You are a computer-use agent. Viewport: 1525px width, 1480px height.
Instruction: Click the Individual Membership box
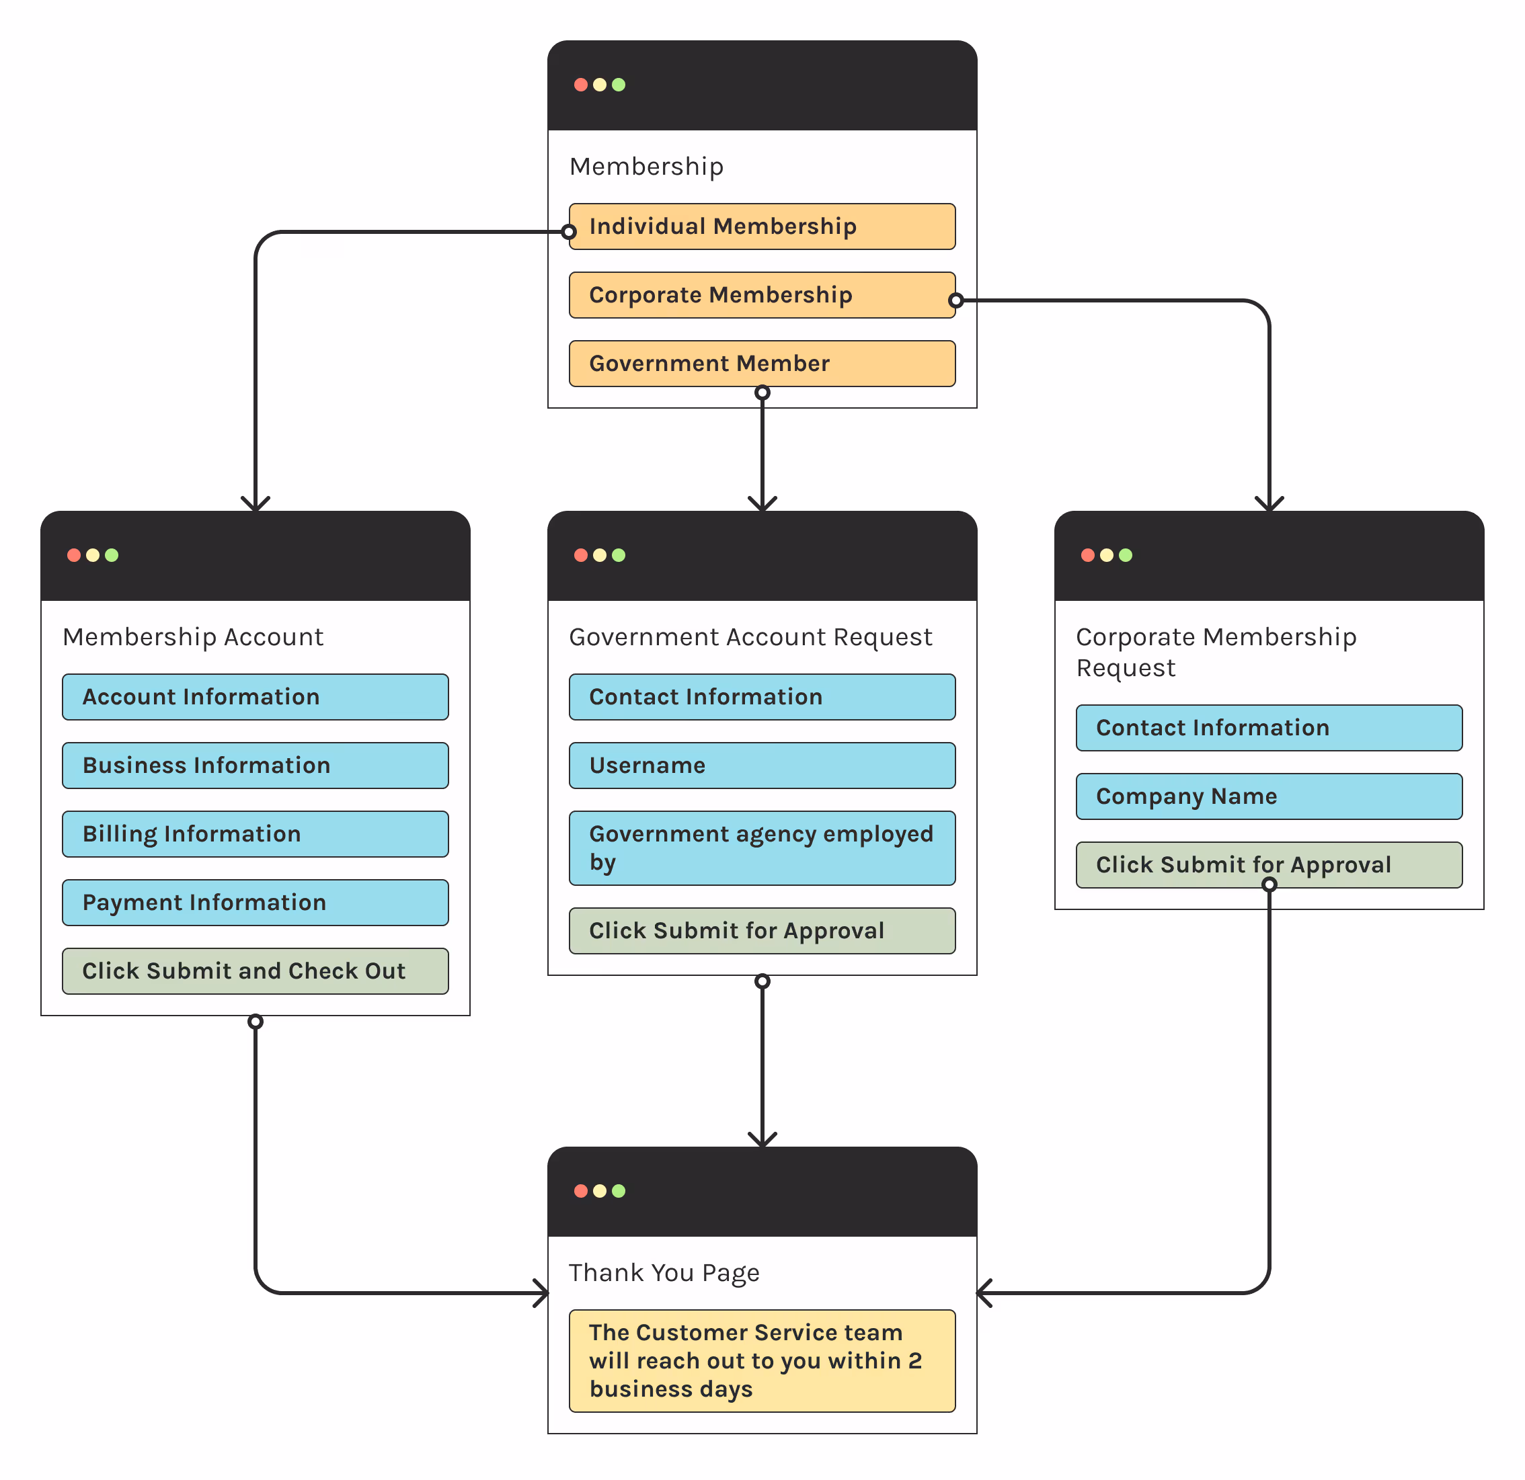pyautogui.click(x=762, y=227)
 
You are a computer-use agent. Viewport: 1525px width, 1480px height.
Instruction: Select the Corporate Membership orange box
pyautogui.click(x=762, y=295)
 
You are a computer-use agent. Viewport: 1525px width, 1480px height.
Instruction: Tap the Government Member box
pyautogui.click(x=762, y=363)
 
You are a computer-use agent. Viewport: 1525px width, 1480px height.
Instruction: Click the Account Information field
pyautogui.click(x=256, y=697)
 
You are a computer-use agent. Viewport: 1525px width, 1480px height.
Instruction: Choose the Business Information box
pyautogui.click(x=256, y=766)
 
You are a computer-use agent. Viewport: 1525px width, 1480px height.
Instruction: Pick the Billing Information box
pyautogui.click(x=256, y=833)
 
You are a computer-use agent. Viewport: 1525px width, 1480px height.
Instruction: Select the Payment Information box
pyautogui.click(x=256, y=902)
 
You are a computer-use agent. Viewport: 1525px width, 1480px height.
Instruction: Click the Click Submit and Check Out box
pyautogui.click(x=256, y=971)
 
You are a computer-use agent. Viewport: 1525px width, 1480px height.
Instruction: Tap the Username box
pyautogui.click(x=762, y=766)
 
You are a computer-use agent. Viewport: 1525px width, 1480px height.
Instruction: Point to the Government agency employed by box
pyautogui.click(x=762, y=848)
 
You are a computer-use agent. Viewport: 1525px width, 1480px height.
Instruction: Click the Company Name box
pyautogui.click(x=1269, y=796)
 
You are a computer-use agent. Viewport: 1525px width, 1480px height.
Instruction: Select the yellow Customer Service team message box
pyautogui.click(x=762, y=1360)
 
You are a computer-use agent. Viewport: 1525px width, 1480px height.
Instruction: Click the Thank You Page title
pyautogui.click(x=664, y=1273)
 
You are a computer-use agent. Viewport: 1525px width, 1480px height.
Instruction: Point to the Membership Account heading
pyautogui.click(x=193, y=637)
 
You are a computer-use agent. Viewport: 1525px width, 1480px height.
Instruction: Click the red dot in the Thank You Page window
pyautogui.click(x=580, y=1191)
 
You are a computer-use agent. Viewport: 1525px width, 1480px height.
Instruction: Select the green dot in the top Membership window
pyautogui.click(x=619, y=85)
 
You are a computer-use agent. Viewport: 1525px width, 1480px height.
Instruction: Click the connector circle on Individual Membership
pyautogui.click(x=569, y=232)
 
